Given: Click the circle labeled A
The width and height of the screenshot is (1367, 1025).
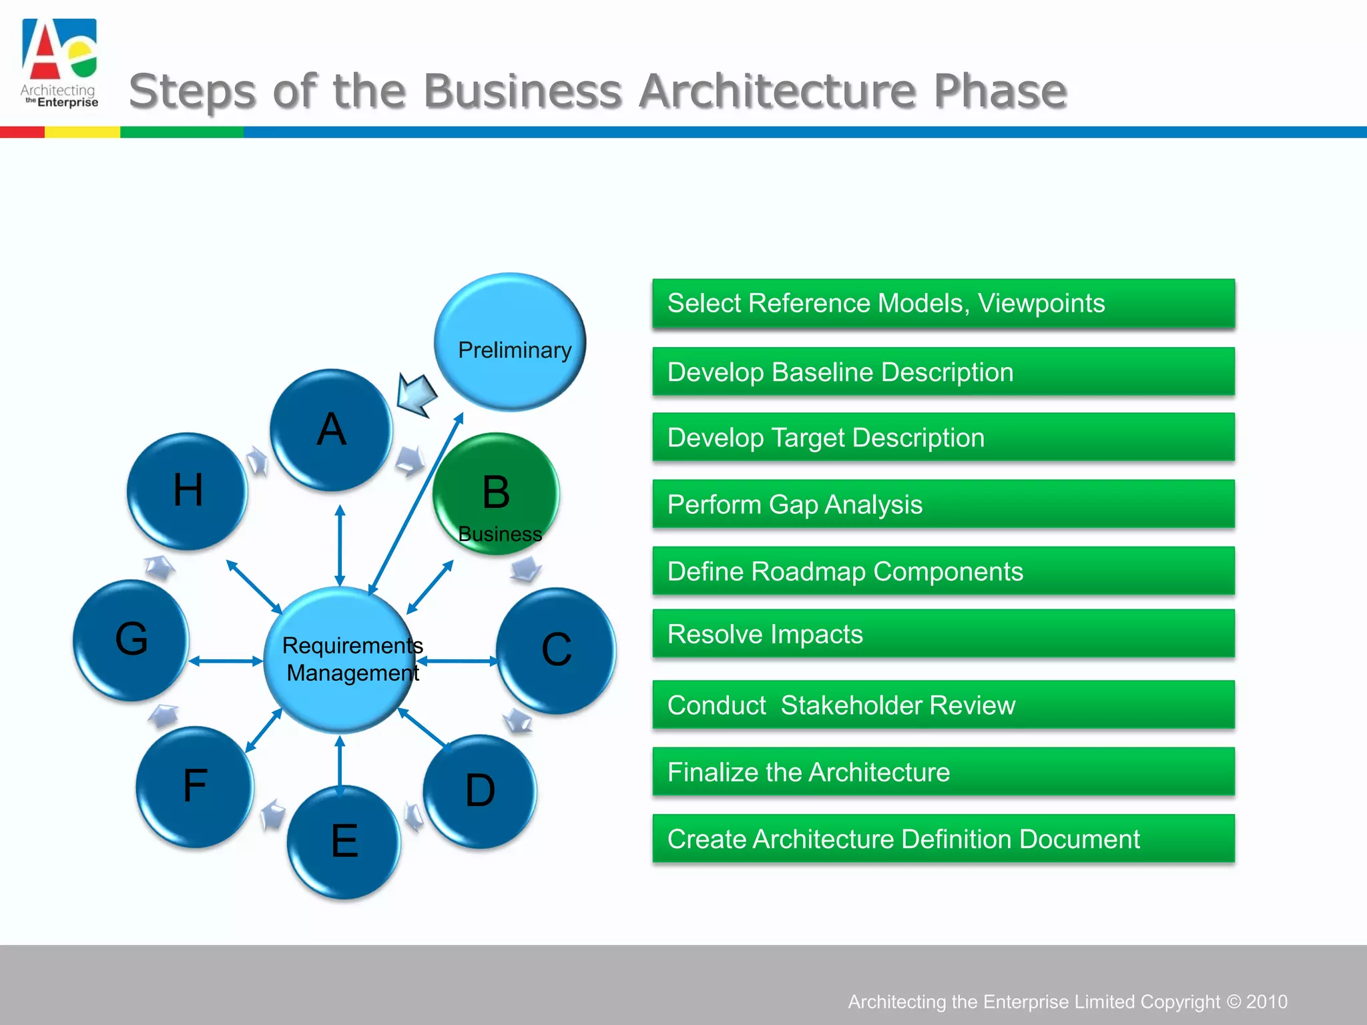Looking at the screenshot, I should click(x=332, y=430).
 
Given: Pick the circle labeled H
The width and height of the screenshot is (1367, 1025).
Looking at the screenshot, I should click(x=188, y=491).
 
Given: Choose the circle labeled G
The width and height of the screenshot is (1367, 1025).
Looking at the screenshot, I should click(x=131, y=640).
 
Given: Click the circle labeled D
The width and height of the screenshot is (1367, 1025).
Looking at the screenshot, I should click(x=480, y=791).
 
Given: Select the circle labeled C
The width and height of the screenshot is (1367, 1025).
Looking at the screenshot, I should click(x=556, y=650).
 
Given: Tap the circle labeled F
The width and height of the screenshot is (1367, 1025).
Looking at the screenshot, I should click(x=195, y=786).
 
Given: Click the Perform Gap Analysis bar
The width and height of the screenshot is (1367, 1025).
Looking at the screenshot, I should click(x=943, y=504).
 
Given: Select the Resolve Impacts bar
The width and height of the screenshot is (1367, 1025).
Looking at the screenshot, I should click(x=943, y=634).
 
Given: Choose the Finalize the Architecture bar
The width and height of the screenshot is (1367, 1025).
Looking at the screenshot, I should click(x=943, y=772).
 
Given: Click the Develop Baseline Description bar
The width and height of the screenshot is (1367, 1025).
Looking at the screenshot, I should click(x=943, y=372).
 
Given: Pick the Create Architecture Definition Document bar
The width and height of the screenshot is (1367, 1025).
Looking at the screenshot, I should click(x=943, y=839).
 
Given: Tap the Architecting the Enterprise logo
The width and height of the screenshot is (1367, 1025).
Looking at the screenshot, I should click(x=59, y=63).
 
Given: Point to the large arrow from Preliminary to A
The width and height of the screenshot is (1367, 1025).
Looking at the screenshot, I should click(x=417, y=394).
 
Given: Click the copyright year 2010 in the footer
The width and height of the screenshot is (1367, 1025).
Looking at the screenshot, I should click(x=1266, y=1002).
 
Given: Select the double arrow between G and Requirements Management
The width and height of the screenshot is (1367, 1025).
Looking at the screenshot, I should click(x=226, y=661).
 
